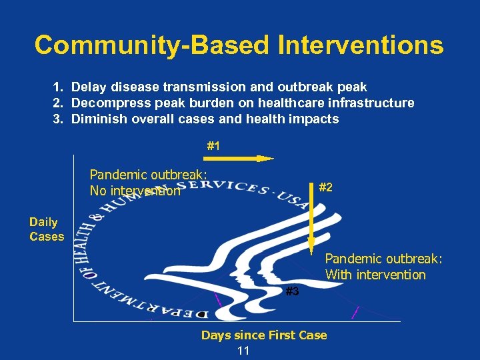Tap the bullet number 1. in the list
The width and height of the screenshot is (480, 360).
[59, 87]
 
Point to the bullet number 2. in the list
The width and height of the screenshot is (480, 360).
[59, 103]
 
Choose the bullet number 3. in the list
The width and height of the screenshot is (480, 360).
[59, 119]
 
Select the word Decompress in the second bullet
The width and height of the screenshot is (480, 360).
[104, 103]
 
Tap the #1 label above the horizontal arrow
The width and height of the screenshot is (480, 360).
[213, 145]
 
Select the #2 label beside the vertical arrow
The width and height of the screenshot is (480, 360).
[326, 188]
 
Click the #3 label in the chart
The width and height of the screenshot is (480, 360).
[292, 291]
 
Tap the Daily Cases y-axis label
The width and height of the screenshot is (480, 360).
[47, 229]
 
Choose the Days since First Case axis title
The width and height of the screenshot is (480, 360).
[264, 335]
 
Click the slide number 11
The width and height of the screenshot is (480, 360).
[243, 351]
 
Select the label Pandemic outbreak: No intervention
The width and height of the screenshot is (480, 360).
[148, 183]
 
